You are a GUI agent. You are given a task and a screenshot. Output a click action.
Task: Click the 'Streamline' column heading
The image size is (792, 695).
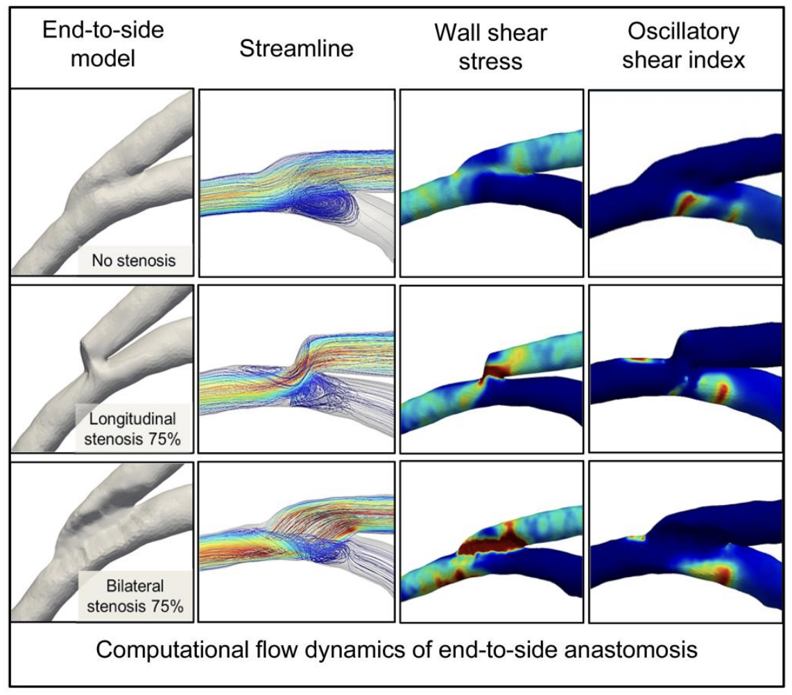[x=296, y=49]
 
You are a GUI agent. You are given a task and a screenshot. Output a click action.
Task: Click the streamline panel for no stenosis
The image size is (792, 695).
[x=296, y=184]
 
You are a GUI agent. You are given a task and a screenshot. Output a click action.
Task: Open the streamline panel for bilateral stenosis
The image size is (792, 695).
[x=296, y=541]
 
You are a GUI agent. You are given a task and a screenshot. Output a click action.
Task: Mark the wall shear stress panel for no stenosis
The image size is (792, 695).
[x=491, y=184]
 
